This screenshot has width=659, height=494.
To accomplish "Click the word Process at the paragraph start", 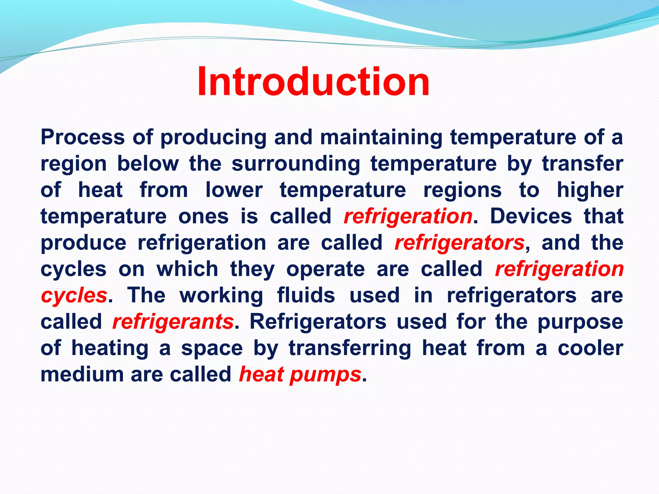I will point(83,137).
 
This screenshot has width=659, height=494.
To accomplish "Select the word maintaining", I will point(381,137).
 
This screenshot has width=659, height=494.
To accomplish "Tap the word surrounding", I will point(296,164).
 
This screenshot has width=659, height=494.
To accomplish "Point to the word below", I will point(148,164).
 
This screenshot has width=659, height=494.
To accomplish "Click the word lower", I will point(234,190).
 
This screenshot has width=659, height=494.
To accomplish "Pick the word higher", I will point(590,190).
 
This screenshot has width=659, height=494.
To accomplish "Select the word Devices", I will point(531,216).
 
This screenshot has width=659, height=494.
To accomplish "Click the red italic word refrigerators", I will point(459,243).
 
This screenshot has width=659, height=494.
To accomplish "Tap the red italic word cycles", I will point(74,296).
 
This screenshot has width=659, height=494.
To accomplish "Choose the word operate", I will point(325,269).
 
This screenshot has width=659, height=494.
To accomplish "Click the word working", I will point(221,296).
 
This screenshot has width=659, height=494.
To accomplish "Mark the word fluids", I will point(306,296).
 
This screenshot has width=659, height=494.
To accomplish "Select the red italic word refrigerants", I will point(173,322).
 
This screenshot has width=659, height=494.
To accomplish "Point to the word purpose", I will point(580,322).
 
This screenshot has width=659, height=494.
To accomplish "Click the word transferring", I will point(350,348).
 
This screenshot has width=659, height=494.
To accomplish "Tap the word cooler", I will point(590,348).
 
